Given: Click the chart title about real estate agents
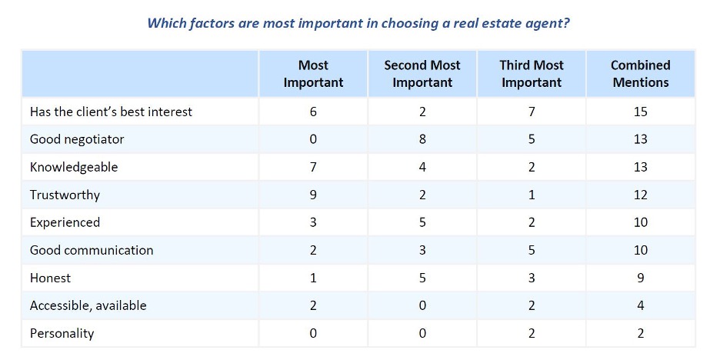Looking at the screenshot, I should (358, 23).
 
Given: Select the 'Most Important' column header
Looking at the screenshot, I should (313, 74).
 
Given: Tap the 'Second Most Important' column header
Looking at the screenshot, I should (422, 74).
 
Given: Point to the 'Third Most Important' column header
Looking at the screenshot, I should (532, 74).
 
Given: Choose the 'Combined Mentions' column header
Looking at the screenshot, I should (641, 74).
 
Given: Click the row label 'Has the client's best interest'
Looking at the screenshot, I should (111, 112).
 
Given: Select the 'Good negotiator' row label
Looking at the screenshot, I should (77, 139).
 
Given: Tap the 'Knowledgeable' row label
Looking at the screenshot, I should (74, 167).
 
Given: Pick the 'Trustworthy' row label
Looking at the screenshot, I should (65, 195).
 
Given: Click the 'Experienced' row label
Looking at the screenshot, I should (65, 222).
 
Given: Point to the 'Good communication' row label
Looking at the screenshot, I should (92, 250).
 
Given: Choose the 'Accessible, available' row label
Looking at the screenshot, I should (88, 305).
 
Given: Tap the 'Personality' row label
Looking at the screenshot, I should (62, 333).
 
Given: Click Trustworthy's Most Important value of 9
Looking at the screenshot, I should (313, 195).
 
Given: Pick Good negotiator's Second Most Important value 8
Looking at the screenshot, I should (422, 139).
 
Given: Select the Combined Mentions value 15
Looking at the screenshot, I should (641, 112).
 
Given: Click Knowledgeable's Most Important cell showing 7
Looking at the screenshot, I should (313, 167).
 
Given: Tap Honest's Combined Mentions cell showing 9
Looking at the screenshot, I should (641, 278).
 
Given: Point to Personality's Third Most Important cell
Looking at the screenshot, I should (532, 333).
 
